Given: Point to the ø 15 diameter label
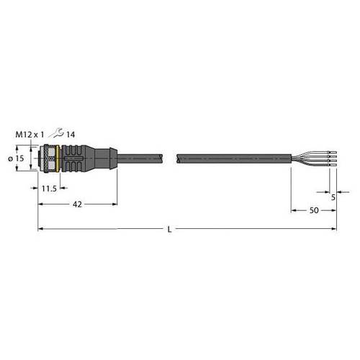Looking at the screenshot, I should point(22,158).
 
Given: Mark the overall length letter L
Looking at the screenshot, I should point(169,229).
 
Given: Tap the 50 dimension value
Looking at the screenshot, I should point(313,210).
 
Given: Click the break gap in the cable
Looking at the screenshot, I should point(172,158).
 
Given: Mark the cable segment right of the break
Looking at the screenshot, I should point(230,158).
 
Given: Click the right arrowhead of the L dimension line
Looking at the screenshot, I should point(334,229).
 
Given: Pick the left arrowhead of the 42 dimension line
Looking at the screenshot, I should point(40,204).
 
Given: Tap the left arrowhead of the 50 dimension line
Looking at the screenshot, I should point(293,210).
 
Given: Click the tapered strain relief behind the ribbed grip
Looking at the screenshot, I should point(104,158).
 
